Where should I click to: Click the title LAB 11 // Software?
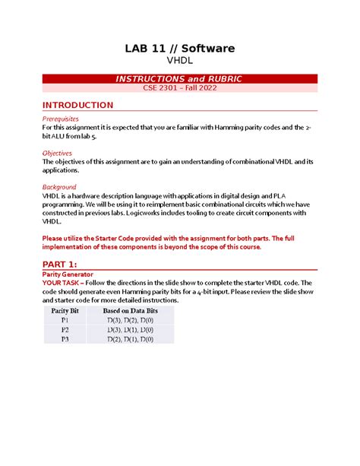(x=180, y=49)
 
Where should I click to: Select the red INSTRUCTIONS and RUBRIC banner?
(x=180, y=79)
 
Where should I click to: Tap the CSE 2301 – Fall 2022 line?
(x=180, y=89)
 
